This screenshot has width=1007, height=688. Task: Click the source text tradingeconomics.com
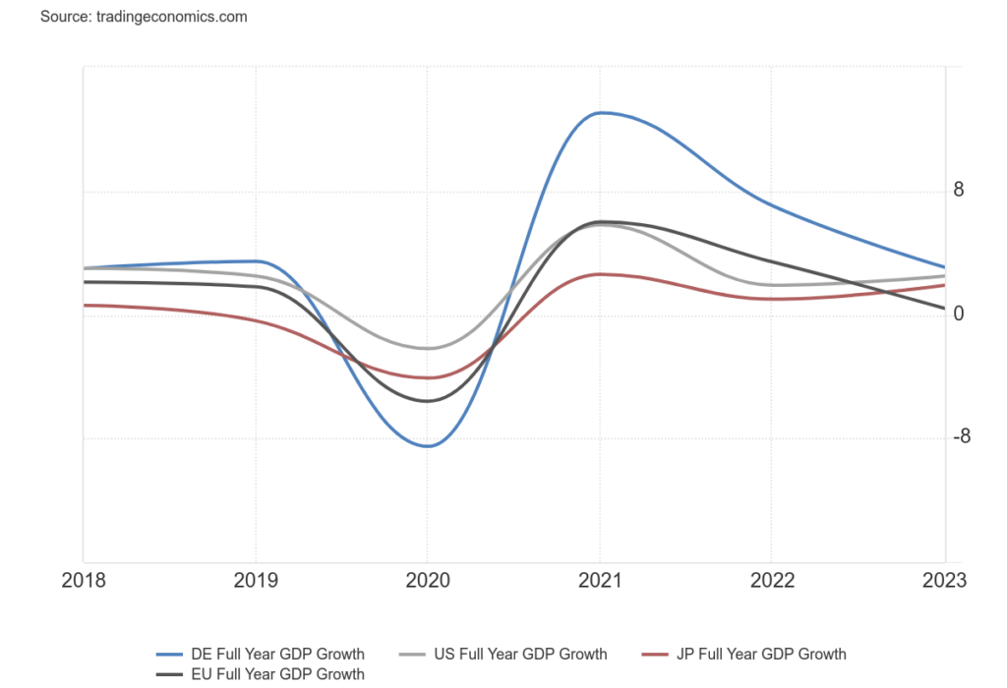(144, 17)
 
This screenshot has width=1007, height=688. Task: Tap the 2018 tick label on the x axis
(84, 581)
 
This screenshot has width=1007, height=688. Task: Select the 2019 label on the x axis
(256, 581)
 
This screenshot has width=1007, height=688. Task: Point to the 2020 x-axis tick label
(428, 581)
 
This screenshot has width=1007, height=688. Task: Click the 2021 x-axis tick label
(600, 581)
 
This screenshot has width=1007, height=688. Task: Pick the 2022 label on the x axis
(772, 581)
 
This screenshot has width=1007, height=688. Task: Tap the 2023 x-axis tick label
(944, 581)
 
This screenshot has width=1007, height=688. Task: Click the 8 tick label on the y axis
(958, 191)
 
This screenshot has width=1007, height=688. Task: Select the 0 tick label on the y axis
(958, 315)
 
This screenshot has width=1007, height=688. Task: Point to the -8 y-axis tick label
(961, 437)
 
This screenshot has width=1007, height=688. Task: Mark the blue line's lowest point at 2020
(428, 446)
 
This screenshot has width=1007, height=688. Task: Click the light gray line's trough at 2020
(428, 349)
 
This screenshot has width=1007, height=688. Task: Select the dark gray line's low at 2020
(428, 401)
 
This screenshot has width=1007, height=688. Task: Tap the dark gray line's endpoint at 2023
(944, 309)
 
